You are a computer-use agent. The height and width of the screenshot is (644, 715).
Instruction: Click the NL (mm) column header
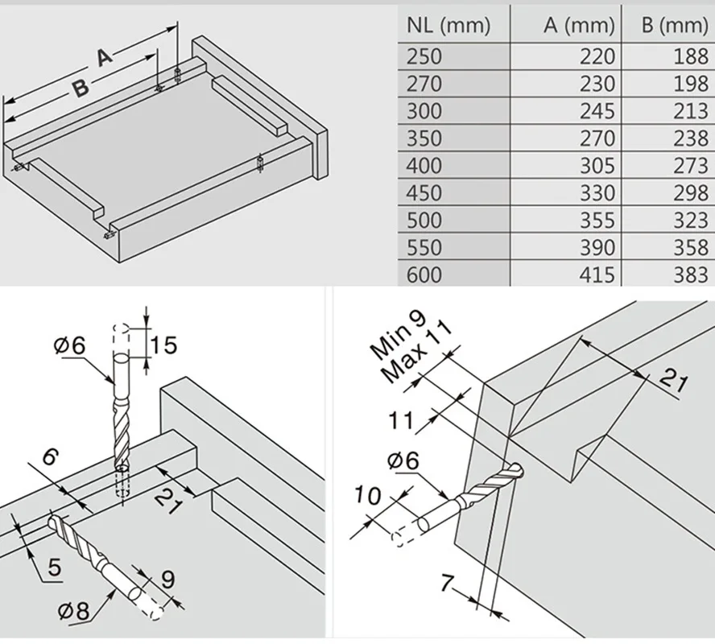click(448, 26)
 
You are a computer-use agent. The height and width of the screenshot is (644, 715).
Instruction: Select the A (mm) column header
click(579, 26)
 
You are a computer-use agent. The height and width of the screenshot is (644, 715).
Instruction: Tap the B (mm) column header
click(675, 26)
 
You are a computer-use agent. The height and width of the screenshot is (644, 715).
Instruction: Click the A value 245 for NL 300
click(597, 111)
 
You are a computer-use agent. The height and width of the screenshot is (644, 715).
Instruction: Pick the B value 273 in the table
click(691, 166)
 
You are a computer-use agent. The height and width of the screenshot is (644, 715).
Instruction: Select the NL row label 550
click(424, 248)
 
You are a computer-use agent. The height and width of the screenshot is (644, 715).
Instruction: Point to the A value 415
click(597, 275)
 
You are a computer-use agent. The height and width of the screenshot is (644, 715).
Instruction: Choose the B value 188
click(691, 57)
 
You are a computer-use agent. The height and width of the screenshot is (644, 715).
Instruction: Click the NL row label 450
click(424, 193)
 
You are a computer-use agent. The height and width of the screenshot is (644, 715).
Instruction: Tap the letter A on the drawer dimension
click(105, 57)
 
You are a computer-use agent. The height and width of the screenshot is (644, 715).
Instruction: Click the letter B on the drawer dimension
click(81, 88)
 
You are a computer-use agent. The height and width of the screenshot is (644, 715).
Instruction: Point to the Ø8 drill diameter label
click(74, 610)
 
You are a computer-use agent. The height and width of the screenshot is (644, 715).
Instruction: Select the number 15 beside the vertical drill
click(163, 345)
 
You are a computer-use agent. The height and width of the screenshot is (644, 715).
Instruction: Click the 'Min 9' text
click(398, 335)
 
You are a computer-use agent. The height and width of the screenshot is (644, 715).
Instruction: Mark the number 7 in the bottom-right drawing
click(448, 583)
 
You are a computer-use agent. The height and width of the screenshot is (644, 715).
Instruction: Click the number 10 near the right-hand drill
click(367, 495)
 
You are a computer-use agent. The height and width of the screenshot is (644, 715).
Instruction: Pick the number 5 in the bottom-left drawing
click(54, 568)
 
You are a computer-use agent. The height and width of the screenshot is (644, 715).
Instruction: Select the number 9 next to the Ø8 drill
click(168, 580)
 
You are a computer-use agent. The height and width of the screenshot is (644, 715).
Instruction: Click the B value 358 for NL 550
click(691, 248)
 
